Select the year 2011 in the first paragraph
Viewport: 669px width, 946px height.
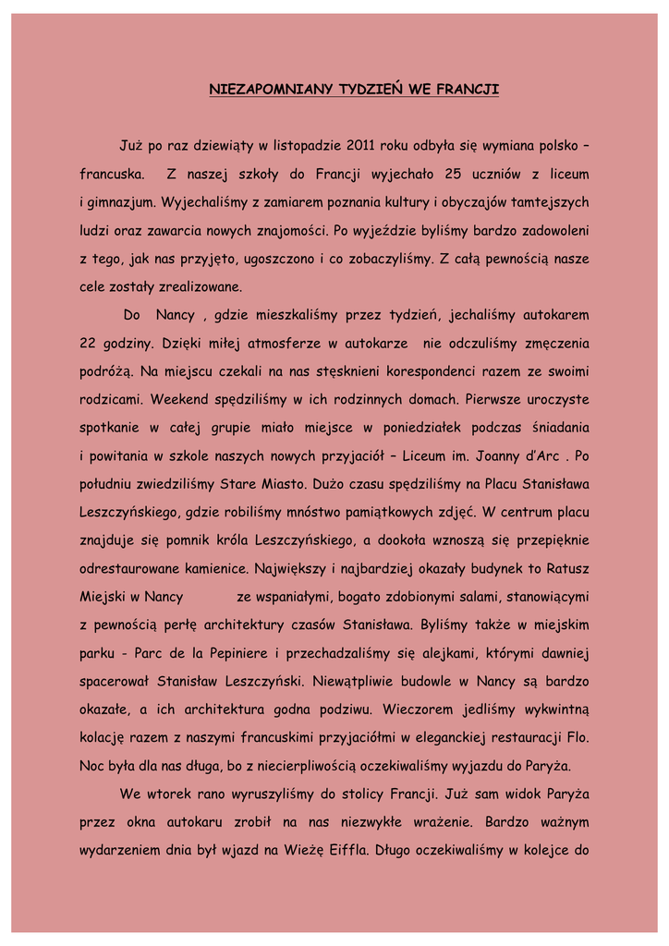[361, 145]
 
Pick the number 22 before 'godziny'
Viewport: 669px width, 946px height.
[88, 344]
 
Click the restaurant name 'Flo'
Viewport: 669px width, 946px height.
[575, 738]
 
